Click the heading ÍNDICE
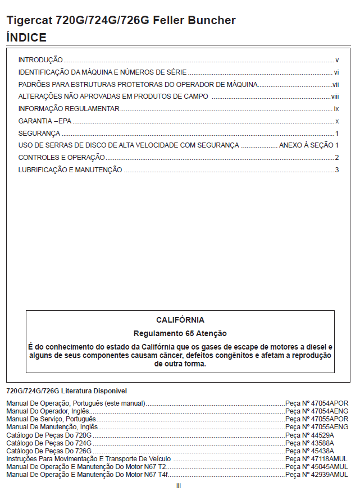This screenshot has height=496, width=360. pos(26,38)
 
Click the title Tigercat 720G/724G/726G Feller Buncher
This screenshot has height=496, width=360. pos(121,21)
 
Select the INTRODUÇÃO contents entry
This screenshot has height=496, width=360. pos(40,60)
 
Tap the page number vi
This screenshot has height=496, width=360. pos(336,72)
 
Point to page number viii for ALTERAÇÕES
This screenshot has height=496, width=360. pos(335,97)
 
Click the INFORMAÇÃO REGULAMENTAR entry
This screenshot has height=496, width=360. pos(69,109)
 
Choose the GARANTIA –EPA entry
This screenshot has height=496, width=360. pos(45,121)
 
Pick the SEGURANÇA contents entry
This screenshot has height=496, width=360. pos(39,134)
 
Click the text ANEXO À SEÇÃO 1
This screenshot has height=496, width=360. pos(309,145)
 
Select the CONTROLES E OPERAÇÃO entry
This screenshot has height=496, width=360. pos(62,158)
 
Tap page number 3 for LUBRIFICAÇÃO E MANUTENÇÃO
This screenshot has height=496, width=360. pos(337,170)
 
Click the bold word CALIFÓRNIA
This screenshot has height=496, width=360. pos(180,320)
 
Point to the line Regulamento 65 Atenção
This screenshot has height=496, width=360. pos(180,333)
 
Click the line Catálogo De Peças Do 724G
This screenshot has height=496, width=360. pos(49,443)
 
